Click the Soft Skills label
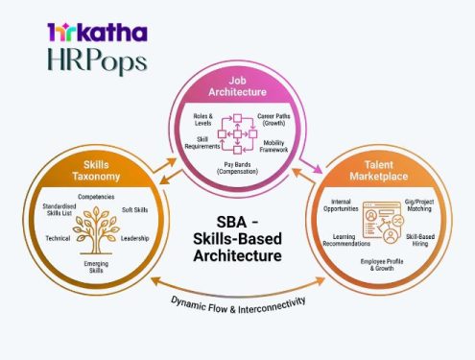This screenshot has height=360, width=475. click(x=133, y=209)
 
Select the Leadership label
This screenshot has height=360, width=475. click(x=135, y=238)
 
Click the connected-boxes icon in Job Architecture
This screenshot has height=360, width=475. click(x=234, y=132)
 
